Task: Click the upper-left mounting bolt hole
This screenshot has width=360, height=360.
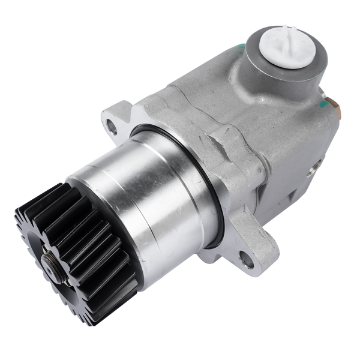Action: [112, 125]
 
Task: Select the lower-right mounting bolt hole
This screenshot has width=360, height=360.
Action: [246, 259]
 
